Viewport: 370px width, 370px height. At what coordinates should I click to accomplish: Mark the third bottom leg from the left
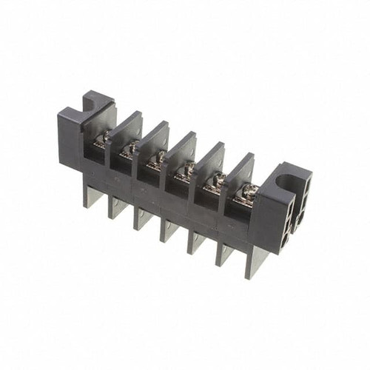click(x=142, y=218)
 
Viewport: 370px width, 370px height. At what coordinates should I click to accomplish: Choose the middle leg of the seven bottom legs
click(x=169, y=229)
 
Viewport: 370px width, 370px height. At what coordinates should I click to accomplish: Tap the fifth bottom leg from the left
click(x=196, y=241)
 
